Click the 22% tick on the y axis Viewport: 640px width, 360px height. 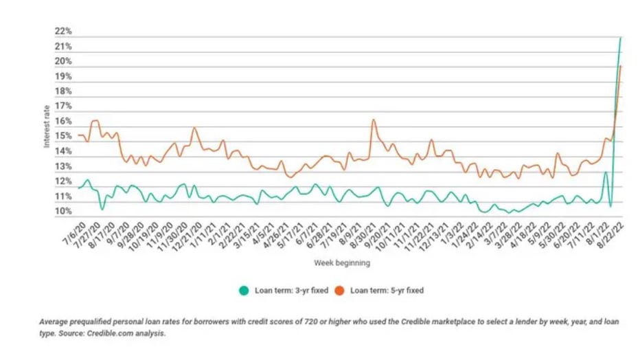63,32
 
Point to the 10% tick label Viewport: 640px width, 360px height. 63,212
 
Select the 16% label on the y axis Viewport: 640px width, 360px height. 63,122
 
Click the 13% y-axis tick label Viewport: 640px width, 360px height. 63,167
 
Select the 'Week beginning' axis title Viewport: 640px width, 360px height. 342,263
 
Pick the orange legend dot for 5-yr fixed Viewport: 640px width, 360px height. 341,291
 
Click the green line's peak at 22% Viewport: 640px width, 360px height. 620,37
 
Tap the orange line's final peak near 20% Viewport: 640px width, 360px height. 621,66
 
